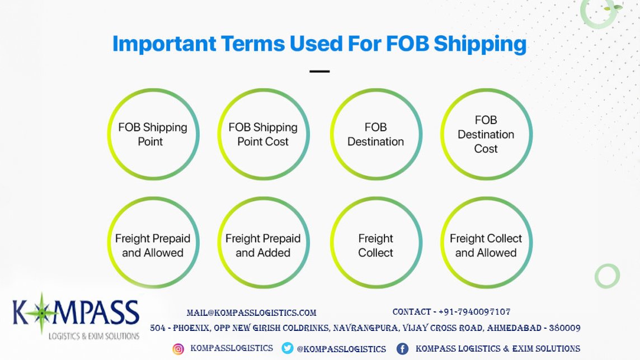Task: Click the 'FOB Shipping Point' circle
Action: (x=153, y=135)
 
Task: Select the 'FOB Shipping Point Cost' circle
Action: (x=263, y=135)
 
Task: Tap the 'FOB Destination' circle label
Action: (x=375, y=135)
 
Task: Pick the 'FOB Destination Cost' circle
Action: (x=486, y=135)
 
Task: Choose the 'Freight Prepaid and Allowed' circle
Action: (x=153, y=245)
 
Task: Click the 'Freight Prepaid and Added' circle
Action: (x=263, y=245)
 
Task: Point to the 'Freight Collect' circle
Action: (x=375, y=245)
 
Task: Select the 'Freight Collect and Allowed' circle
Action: (x=486, y=245)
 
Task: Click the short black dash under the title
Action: (x=319, y=72)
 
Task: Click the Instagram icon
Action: (x=178, y=349)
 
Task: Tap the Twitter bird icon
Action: (x=288, y=348)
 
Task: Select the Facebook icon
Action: (x=402, y=349)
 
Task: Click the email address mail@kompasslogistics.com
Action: (x=252, y=313)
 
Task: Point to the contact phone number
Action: (x=474, y=312)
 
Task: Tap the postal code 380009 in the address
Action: (x=564, y=328)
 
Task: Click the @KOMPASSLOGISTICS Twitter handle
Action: (x=341, y=349)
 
